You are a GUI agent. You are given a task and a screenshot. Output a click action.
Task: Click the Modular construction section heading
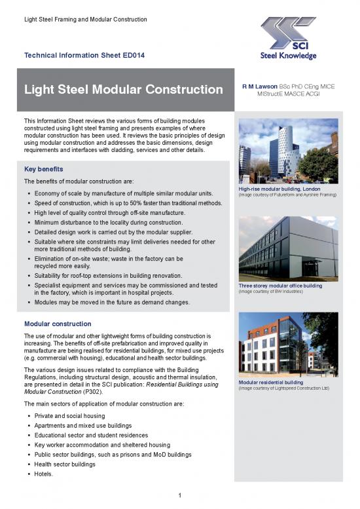pyautogui.click(x=57, y=324)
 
